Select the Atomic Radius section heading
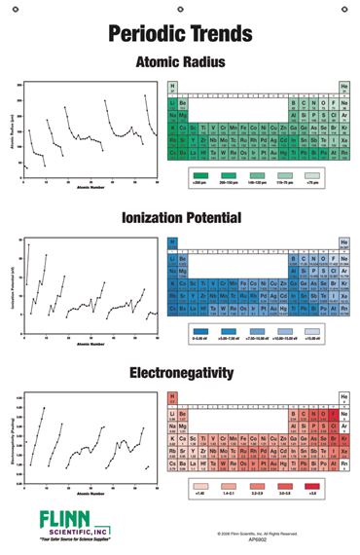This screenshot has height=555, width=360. click(180, 61)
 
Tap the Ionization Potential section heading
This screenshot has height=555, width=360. click(180, 218)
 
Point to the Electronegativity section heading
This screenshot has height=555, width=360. click(180, 374)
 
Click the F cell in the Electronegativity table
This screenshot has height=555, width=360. click(333, 414)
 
